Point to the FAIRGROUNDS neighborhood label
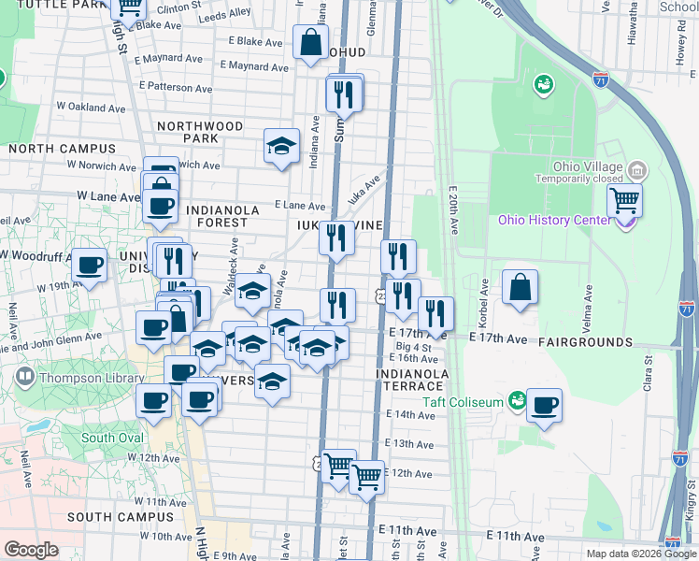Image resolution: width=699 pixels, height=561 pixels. coord(585,343)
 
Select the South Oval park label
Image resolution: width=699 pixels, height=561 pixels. coord(112,438)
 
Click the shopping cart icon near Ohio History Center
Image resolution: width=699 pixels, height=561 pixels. coord(624,200)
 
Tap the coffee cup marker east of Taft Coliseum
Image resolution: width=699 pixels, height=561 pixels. coord(544,406)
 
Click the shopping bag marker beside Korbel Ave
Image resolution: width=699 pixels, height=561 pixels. coord(520,287)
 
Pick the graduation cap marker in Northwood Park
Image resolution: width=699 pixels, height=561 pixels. coord(281,147)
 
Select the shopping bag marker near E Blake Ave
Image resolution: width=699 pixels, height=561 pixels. coord(310,42)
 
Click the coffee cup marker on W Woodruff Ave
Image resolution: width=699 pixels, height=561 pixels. coord(90,266)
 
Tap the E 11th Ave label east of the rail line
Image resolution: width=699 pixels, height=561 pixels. coord(515,537)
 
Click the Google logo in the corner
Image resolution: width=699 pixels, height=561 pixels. coord(31,550)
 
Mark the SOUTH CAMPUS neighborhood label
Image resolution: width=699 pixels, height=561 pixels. coord(114,517)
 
